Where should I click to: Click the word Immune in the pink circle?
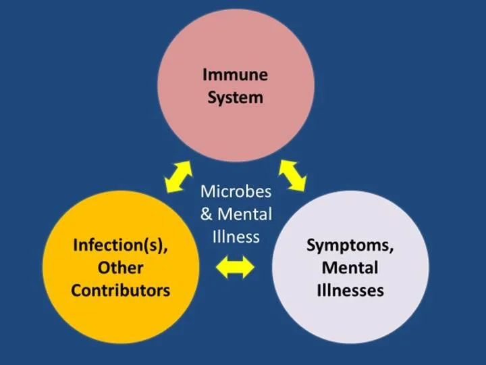click(x=236, y=74)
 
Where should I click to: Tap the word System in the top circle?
click(x=236, y=97)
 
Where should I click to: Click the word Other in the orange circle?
click(x=121, y=268)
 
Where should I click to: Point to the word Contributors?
click(x=121, y=291)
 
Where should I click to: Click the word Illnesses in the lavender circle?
click(x=350, y=291)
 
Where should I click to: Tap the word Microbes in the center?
click(x=236, y=191)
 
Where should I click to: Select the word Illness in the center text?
click(x=236, y=237)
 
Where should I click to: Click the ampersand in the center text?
click(x=207, y=215)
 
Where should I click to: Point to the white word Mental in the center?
click(x=244, y=215)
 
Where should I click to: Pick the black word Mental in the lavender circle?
click(x=350, y=268)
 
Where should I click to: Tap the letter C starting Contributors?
click(x=77, y=291)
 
